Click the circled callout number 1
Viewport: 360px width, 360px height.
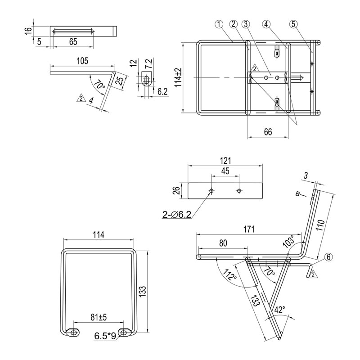[x=219, y=24]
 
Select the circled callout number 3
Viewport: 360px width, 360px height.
[x=246, y=24]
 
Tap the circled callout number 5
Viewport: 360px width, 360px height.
[x=293, y=24]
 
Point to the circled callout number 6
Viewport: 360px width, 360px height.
[x=328, y=257]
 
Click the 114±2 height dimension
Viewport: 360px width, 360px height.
[x=178, y=77]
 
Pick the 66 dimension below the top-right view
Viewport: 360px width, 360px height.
[x=268, y=132]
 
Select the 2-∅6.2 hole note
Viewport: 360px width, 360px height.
[x=177, y=215]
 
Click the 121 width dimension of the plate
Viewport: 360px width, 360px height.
[x=225, y=161]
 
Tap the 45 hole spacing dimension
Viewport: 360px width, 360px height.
[x=225, y=171]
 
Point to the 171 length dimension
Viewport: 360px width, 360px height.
[x=249, y=229]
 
